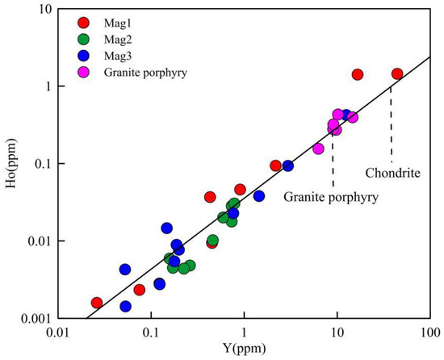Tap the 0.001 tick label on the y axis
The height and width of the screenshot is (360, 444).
(x=36, y=318)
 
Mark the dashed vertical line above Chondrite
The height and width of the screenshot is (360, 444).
(x=392, y=121)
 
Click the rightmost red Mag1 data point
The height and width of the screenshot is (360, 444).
(x=397, y=73)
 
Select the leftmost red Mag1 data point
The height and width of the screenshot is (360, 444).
(x=97, y=303)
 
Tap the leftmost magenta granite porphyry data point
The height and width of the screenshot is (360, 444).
(x=318, y=149)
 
